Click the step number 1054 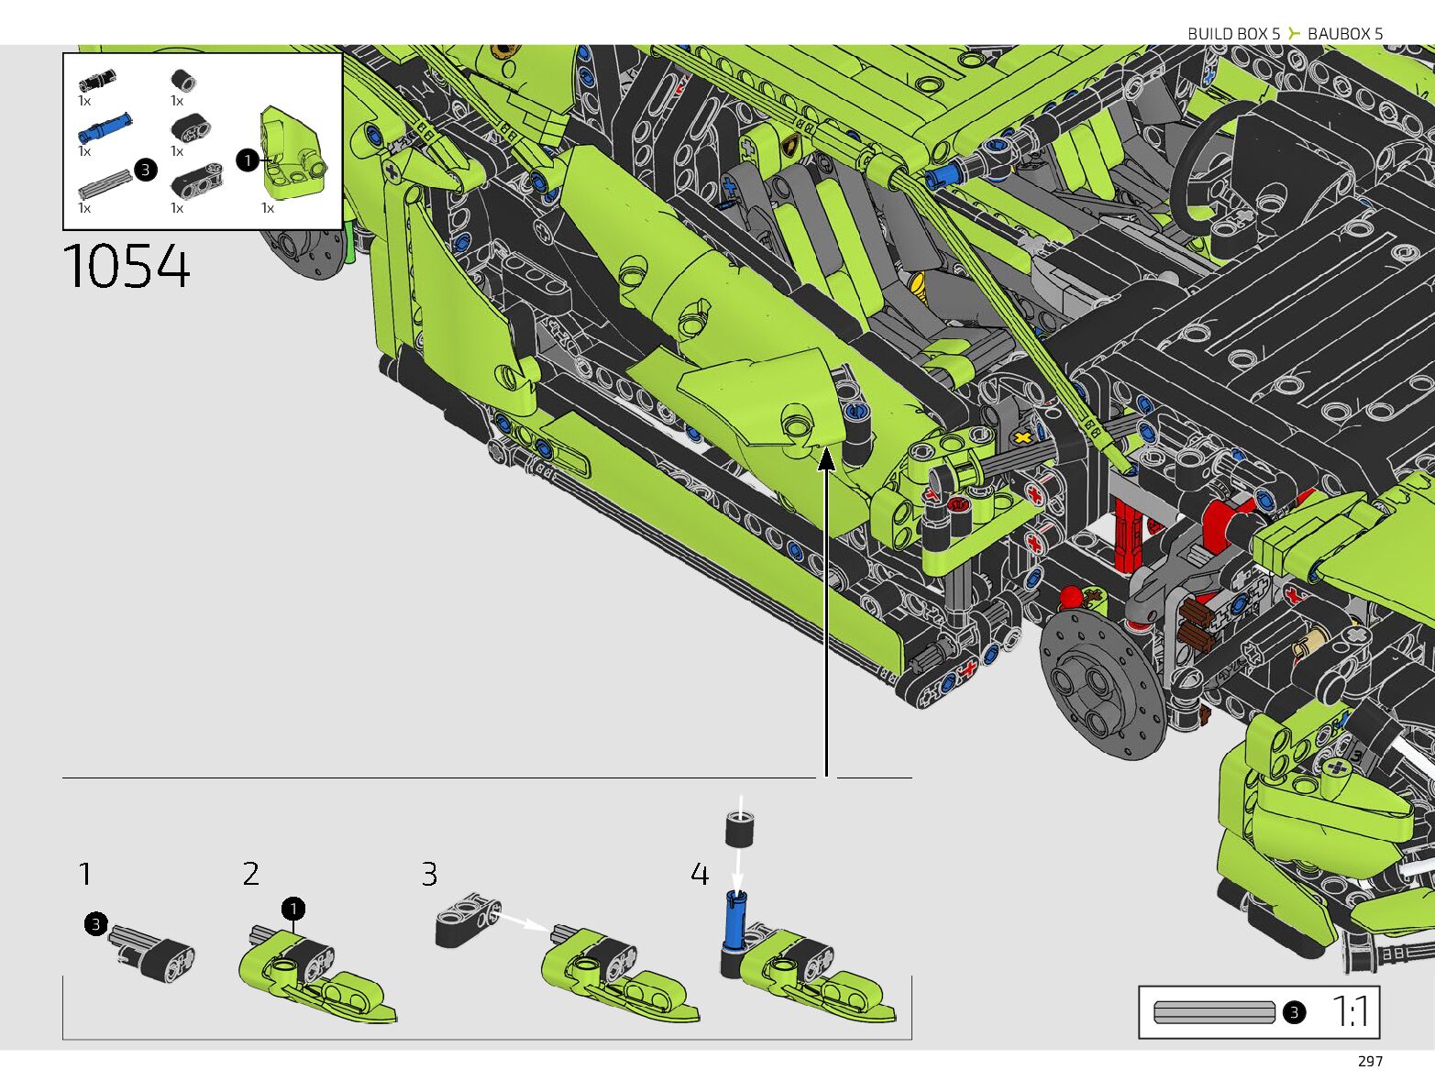coord(127,266)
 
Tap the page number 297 coord(1370,1062)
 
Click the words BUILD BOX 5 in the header coord(1233,34)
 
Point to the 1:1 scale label coord(1351,1011)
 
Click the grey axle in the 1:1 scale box coord(1214,1012)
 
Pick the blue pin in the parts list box coord(105,127)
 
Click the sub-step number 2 coord(251,874)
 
